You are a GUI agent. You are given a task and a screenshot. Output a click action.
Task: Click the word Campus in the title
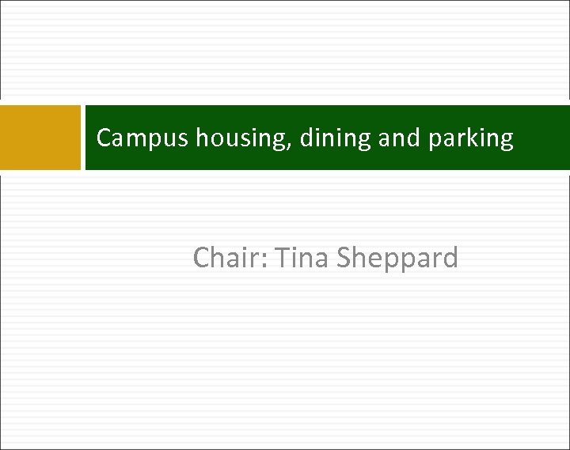click(x=142, y=139)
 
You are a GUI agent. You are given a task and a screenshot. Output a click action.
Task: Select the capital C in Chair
click(x=202, y=258)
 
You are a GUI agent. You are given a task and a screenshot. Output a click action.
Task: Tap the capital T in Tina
click(x=279, y=258)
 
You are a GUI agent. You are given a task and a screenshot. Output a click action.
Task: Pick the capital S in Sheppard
click(x=344, y=258)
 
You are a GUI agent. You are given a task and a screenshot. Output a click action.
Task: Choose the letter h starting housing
click(x=202, y=138)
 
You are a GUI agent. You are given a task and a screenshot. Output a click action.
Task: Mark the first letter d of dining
click(x=306, y=138)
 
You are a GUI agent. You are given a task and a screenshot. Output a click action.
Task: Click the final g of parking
click(x=507, y=142)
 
